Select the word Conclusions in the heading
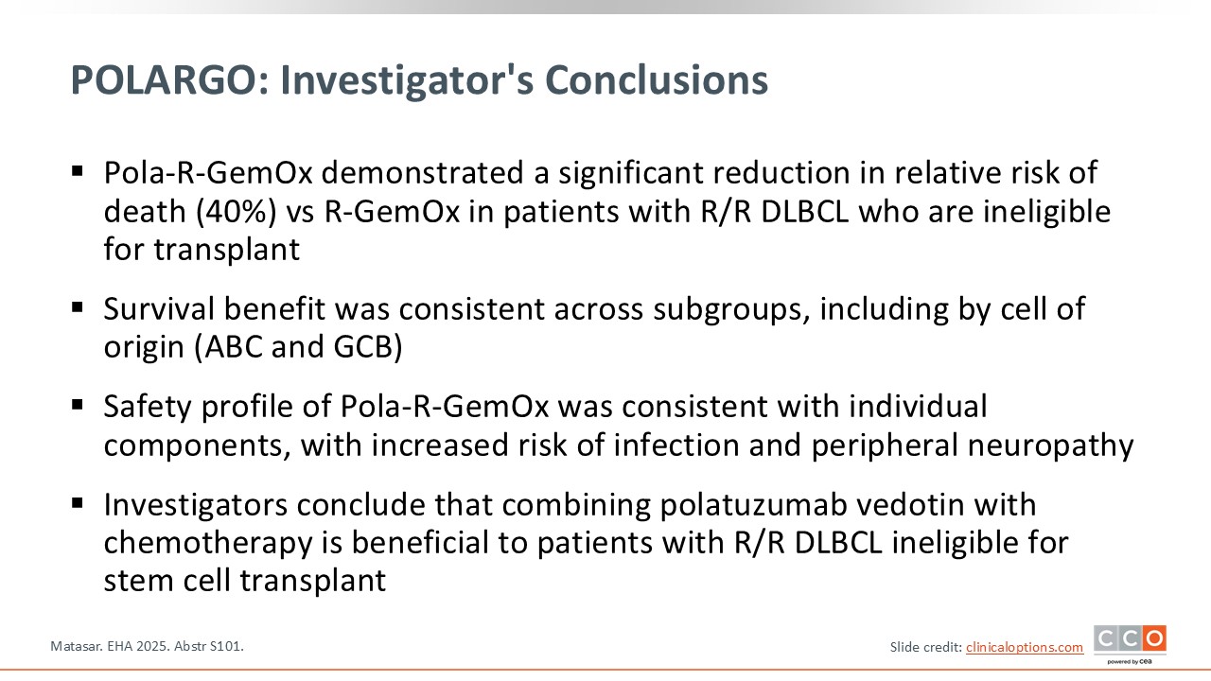point(657,80)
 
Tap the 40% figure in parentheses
point(237,211)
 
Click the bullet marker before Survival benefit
point(78,308)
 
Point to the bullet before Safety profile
point(78,405)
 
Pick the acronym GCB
point(368,347)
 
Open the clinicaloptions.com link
point(1025,647)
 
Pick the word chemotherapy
point(208,544)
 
